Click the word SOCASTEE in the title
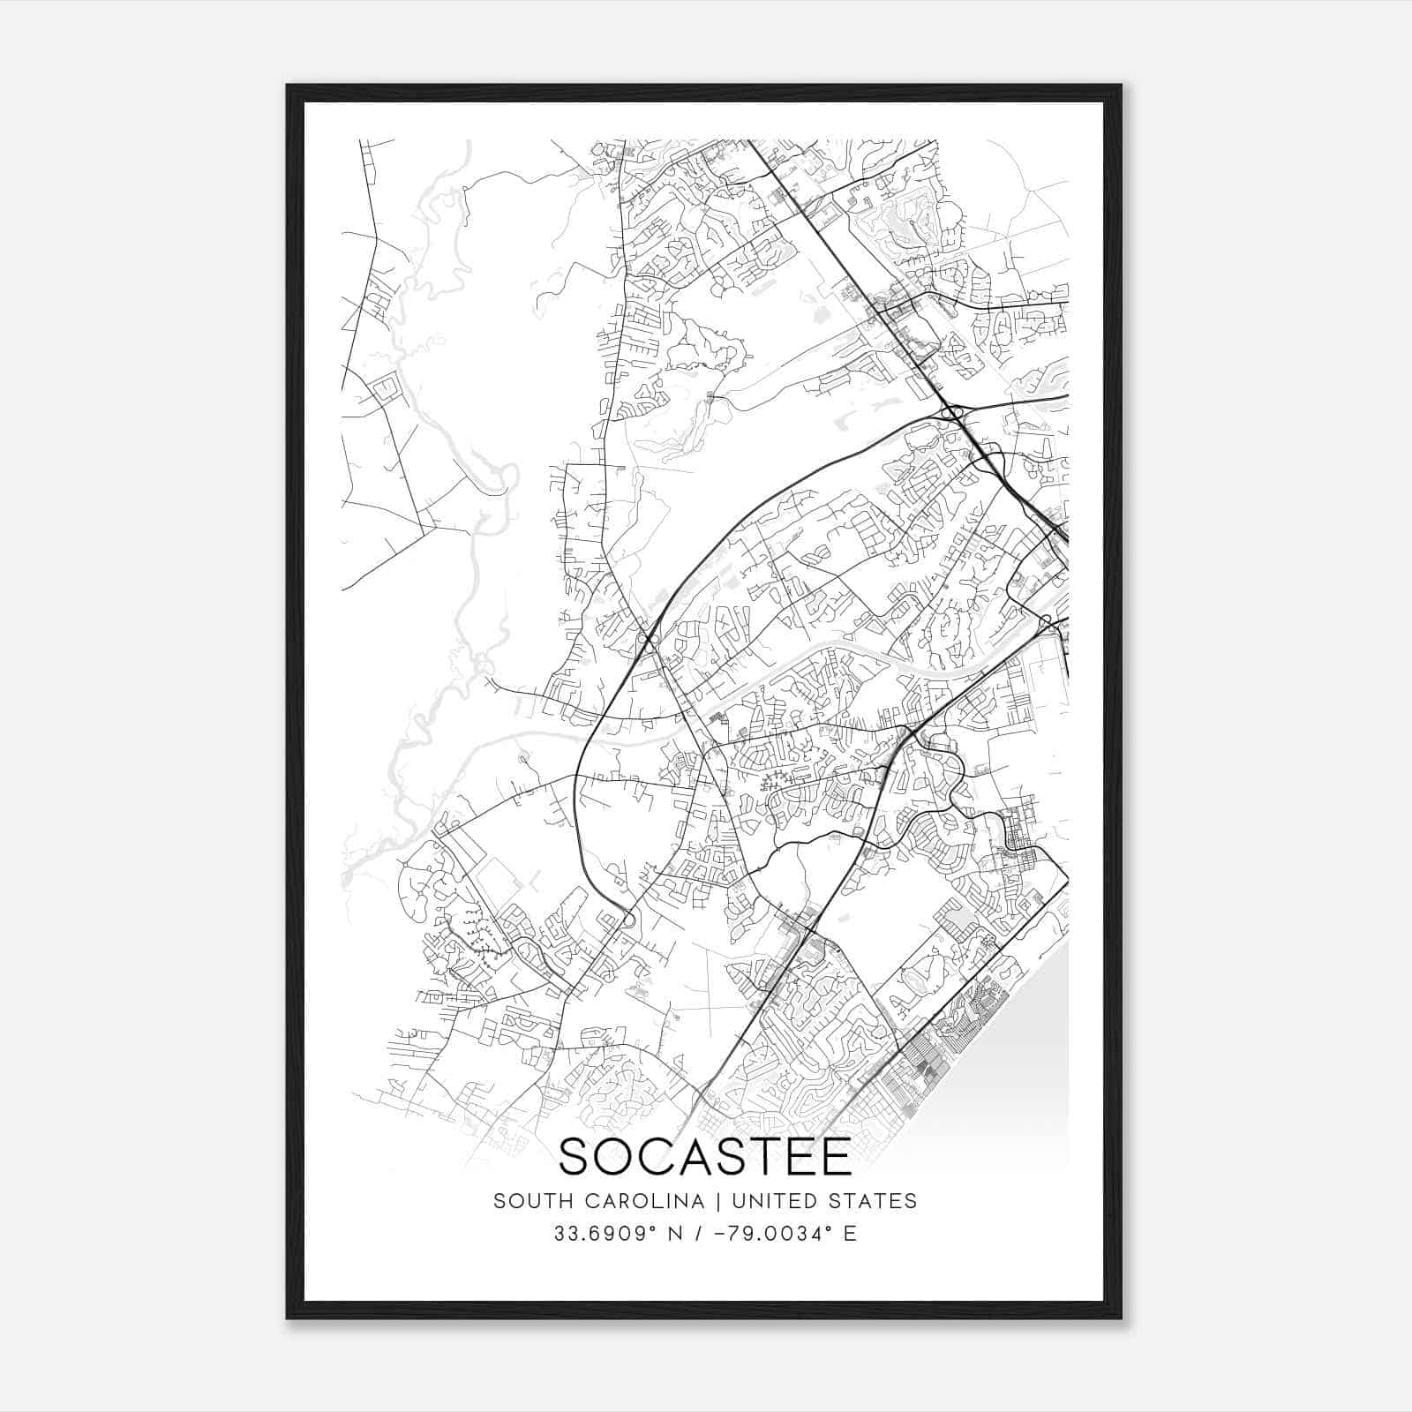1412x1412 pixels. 705,1157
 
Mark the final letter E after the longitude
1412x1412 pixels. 851,1234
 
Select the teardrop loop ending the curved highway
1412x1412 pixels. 627,920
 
